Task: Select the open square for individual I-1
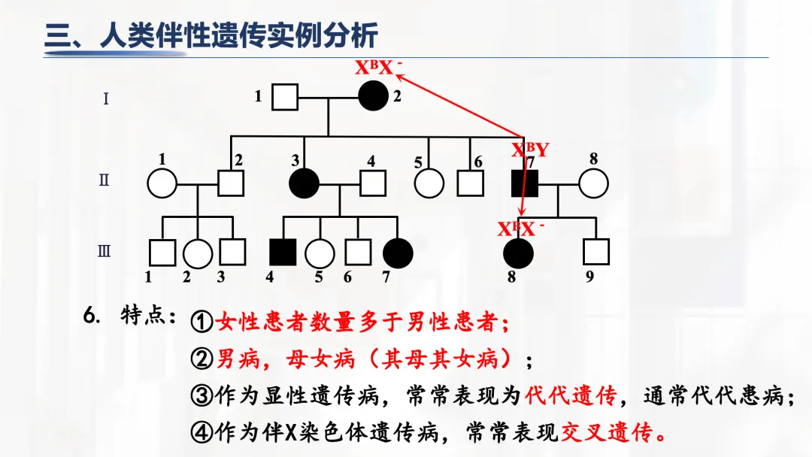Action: pyautogui.click(x=284, y=96)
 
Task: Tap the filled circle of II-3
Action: pyautogui.click(x=304, y=183)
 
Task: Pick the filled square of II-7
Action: pyautogui.click(x=524, y=183)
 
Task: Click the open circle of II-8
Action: pyautogui.click(x=593, y=183)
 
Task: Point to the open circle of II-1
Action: pyautogui.click(x=162, y=183)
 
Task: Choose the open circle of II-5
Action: pyautogui.click(x=429, y=183)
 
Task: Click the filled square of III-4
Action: pyautogui.click(x=283, y=253)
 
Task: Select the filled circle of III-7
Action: pyautogui.click(x=398, y=253)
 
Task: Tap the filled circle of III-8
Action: pyautogui.click(x=518, y=253)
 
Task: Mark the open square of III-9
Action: pyautogui.click(x=596, y=253)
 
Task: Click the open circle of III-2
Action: pyautogui.click(x=198, y=253)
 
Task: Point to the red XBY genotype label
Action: pyautogui.click(x=530, y=150)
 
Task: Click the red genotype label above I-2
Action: pyautogui.click(x=379, y=68)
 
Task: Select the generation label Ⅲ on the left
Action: pyautogui.click(x=105, y=251)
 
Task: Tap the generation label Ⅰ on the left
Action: pyautogui.click(x=105, y=98)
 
